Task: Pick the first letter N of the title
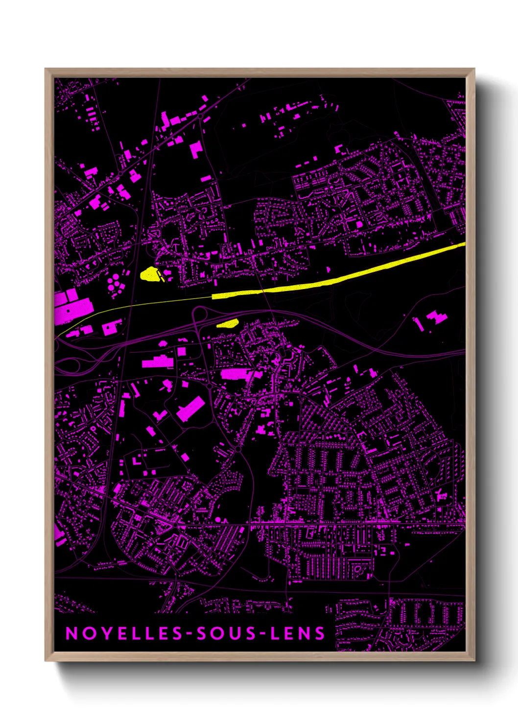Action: pyautogui.click(x=71, y=633)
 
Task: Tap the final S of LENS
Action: pyautogui.click(x=320, y=633)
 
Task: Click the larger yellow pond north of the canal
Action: pyautogui.click(x=150, y=274)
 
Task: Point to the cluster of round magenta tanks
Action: pyautogui.click(x=116, y=284)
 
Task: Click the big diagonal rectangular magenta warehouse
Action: pyautogui.click(x=190, y=409)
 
